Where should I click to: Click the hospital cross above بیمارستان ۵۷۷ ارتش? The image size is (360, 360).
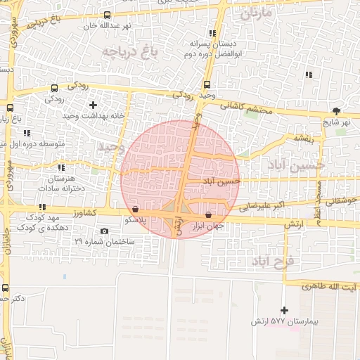(x=284, y=310)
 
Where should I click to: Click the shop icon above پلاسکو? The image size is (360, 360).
(x=135, y=209)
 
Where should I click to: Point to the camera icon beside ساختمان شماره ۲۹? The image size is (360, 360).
(x=105, y=231)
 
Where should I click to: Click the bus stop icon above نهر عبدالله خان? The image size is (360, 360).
(x=107, y=15)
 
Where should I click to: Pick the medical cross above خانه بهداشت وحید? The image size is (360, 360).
(x=93, y=105)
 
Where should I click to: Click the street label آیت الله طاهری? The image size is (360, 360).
(x=329, y=287)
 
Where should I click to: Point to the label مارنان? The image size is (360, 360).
(x=255, y=13)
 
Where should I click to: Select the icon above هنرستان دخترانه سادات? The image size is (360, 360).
(x=62, y=168)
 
